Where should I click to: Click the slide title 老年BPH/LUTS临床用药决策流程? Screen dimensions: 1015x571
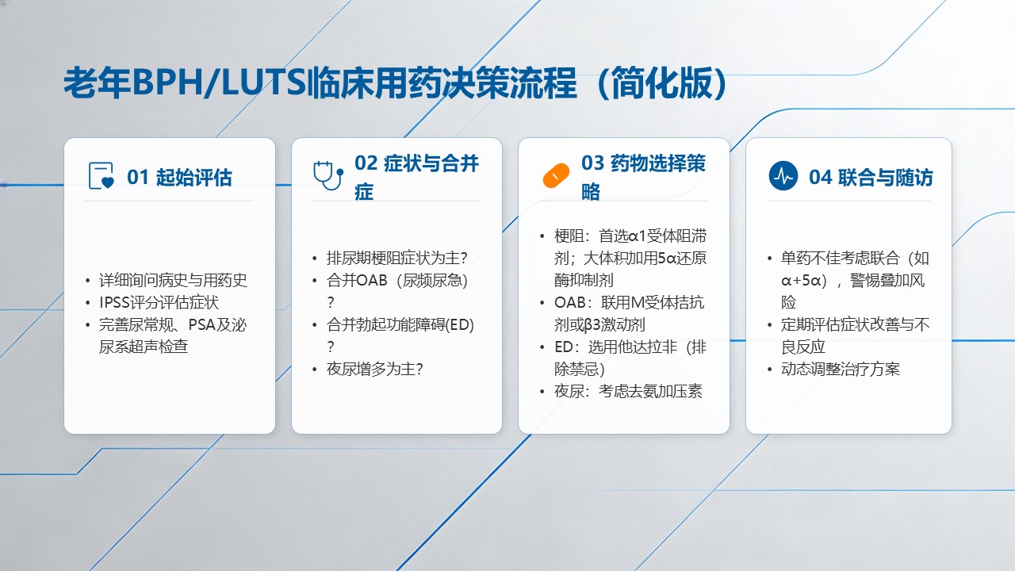(320, 83)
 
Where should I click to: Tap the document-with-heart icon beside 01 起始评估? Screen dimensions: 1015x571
(101, 175)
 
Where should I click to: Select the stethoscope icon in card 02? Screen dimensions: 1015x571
(328, 175)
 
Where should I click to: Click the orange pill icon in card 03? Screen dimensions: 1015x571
(556, 175)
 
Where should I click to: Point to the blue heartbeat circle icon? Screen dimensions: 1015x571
(783, 175)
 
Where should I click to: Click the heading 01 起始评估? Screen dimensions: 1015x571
(179, 177)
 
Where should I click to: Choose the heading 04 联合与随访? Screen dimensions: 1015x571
(871, 177)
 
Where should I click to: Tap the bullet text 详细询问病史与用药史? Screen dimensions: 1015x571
(173, 280)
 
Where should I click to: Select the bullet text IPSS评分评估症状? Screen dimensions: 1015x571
(159, 302)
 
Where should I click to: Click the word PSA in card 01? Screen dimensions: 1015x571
(201, 324)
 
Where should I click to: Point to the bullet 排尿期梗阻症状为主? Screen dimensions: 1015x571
(397, 258)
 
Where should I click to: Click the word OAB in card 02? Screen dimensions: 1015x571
(372, 280)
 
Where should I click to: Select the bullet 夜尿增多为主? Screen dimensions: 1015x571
(375, 369)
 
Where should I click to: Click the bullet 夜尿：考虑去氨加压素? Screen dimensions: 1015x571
(628, 391)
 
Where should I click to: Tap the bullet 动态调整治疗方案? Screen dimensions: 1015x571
(841, 369)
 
